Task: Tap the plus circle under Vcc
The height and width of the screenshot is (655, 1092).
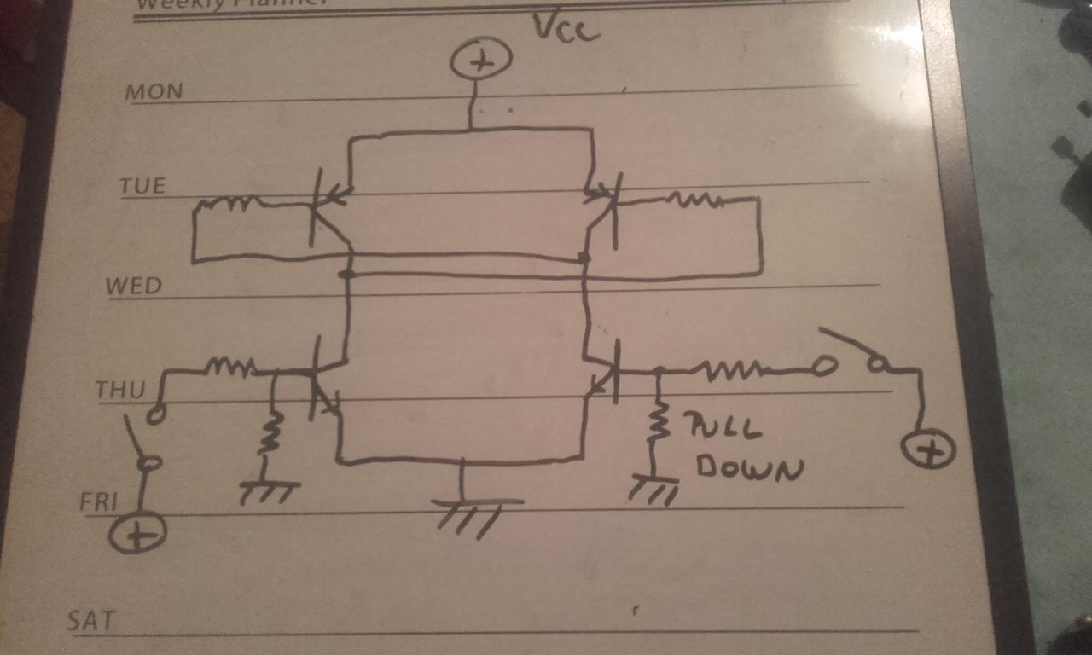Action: point(480,62)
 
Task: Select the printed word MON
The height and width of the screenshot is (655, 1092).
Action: point(154,91)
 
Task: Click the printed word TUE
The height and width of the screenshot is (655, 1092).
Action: point(142,185)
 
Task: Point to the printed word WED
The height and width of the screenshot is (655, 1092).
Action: point(133,286)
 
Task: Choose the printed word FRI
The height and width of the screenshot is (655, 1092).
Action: point(97,501)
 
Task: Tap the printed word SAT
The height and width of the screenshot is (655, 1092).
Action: point(90,619)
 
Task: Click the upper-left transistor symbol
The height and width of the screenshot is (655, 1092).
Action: point(326,205)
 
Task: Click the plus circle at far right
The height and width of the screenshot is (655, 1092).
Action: point(928,449)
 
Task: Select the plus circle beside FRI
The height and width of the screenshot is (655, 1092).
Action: point(137,535)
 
